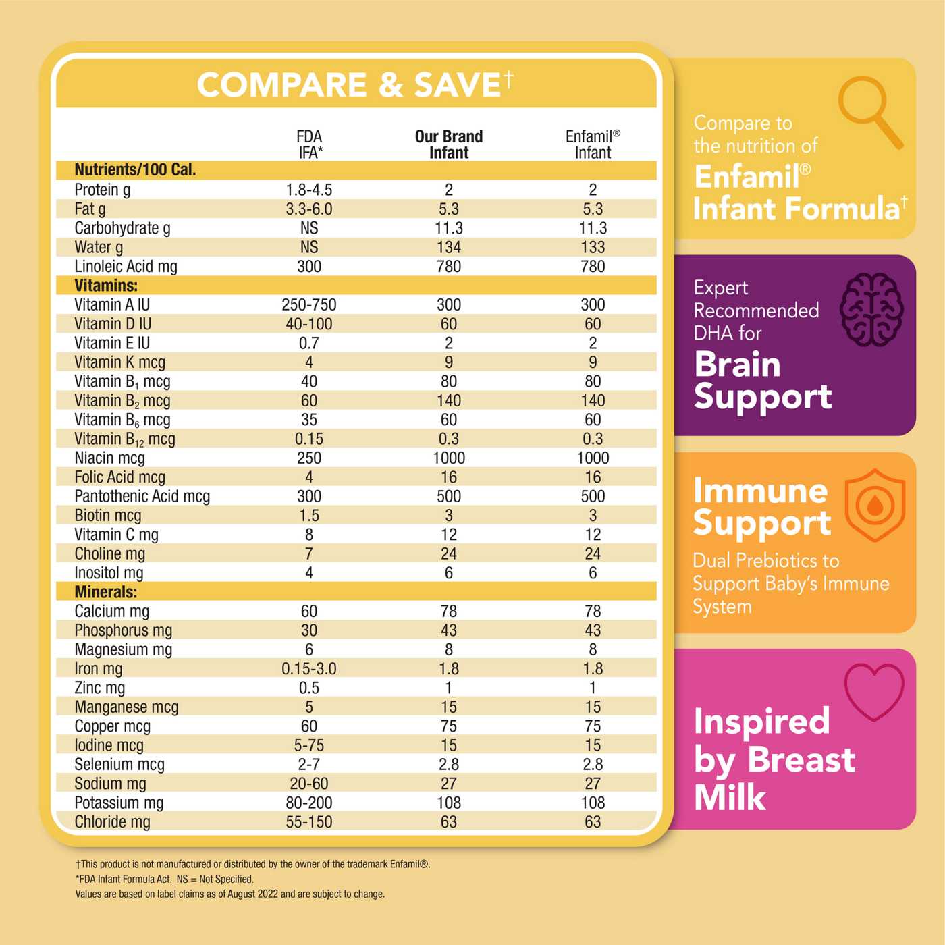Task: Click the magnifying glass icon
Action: point(869,110)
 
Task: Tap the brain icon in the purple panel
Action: point(871,309)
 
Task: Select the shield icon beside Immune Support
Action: point(875,505)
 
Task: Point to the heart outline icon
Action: point(874,691)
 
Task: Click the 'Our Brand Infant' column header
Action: point(449,144)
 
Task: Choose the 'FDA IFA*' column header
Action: point(309,144)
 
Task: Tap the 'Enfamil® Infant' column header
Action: point(593,144)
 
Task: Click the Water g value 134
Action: point(449,248)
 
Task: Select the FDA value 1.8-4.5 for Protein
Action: point(309,190)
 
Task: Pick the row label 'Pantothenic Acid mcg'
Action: point(142,497)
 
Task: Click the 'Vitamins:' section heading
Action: point(106,286)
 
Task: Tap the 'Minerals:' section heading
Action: point(106,592)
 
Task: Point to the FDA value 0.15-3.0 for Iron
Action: point(309,669)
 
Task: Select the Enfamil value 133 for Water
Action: point(593,248)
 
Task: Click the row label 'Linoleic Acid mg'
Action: point(126,267)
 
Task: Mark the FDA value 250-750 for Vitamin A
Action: point(309,305)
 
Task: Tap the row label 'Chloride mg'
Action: point(113,822)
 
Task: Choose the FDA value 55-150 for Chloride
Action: point(309,822)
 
